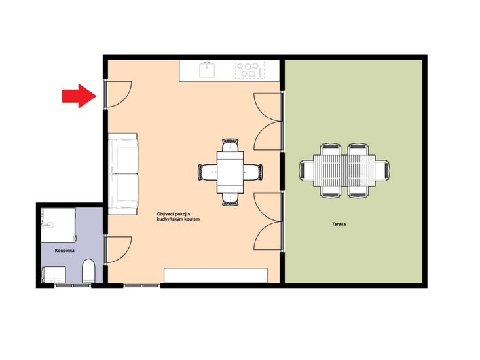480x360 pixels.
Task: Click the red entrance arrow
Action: point(79,96)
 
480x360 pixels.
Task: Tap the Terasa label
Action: point(339,224)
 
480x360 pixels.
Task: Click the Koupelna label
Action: point(65,251)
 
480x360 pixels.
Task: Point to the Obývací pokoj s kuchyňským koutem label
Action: point(178,217)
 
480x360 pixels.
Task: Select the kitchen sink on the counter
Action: point(207,70)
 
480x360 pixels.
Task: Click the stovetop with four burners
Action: point(249,70)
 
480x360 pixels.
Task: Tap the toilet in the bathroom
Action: point(89,271)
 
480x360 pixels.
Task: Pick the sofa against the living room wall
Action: point(122,173)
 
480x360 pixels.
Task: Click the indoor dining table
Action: point(231,172)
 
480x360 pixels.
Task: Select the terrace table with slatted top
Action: point(344,171)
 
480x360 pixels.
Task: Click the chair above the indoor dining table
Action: point(231,145)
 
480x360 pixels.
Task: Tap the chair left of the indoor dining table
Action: point(207,172)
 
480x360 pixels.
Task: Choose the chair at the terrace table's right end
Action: point(382,171)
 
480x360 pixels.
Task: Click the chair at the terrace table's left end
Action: point(306,171)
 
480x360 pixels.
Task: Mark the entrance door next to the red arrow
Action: point(118,94)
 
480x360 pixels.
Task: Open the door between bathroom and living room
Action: point(118,250)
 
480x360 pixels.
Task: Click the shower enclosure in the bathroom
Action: point(58,225)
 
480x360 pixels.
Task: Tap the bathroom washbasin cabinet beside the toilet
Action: point(54,274)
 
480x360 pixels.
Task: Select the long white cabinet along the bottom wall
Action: point(216,276)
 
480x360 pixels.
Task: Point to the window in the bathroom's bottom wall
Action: point(73,285)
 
